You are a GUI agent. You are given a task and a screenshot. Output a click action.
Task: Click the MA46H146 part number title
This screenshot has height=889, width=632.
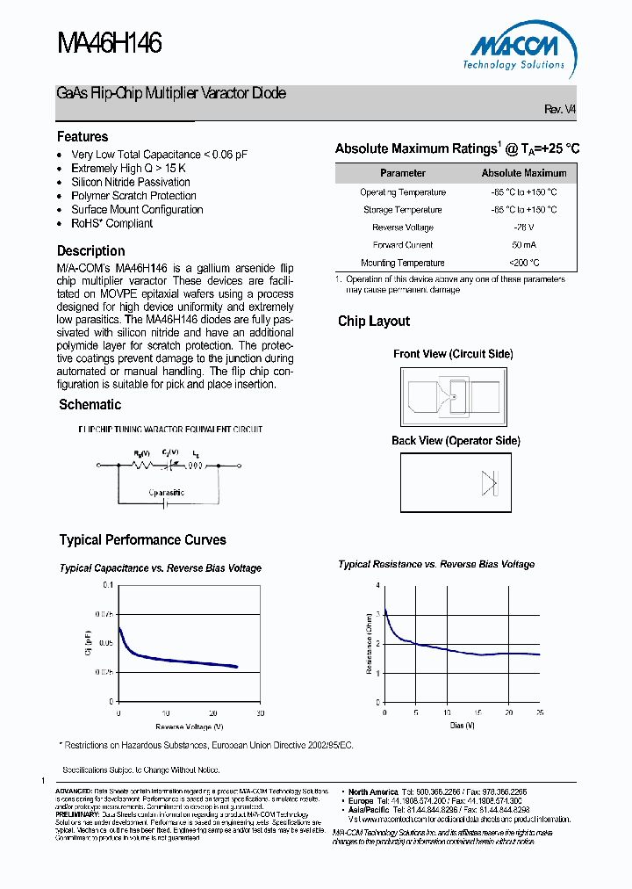[110, 44]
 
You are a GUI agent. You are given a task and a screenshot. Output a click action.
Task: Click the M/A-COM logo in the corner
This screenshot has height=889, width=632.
[518, 49]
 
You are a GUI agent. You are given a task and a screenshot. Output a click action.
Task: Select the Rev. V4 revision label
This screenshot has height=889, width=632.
[560, 109]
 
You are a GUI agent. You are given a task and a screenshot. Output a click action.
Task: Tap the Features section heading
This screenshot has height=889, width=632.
[83, 137]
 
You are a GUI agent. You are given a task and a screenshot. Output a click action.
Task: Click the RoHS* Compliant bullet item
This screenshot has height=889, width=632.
[111, 223]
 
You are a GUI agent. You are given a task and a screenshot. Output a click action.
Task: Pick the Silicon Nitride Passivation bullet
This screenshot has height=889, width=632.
[130, 182]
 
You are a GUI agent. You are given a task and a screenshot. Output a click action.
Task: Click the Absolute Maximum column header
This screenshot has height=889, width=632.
[524, 173]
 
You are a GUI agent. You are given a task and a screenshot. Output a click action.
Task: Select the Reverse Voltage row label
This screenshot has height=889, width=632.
[403, 228]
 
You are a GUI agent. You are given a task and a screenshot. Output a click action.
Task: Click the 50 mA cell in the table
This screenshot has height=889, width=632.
[524, 245]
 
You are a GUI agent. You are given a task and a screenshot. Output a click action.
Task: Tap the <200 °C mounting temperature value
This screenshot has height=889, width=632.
[524, 263]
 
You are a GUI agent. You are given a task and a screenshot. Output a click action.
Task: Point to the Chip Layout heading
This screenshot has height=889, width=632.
[374, 322]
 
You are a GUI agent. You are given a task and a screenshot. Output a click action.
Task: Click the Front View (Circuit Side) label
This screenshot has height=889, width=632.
[453, 354]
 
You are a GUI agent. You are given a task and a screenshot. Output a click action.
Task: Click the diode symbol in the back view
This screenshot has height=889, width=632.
[489, 483]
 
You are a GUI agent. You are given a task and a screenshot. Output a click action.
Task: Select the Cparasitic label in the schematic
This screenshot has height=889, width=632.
[166, 493]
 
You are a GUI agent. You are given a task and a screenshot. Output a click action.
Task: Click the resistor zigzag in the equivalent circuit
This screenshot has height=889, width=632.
[140, 466]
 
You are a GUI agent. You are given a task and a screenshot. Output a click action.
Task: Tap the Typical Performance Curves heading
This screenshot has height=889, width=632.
[142, 540]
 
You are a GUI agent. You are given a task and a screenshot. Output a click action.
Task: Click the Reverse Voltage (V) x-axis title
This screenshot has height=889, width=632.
[190, 726]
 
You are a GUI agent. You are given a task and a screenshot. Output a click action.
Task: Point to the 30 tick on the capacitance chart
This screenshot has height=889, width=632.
[260, 712]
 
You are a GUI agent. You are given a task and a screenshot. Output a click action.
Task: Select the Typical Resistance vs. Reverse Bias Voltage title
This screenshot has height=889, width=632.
[436, 565]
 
